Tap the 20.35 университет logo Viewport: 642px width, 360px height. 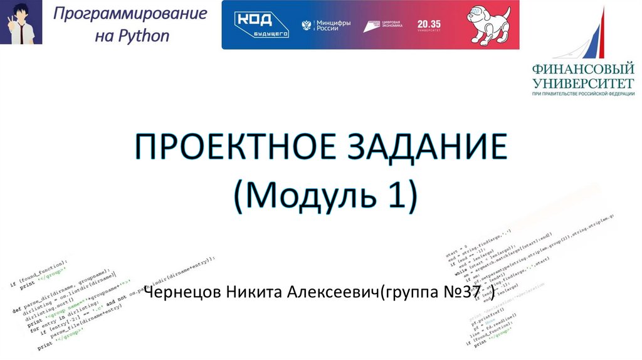[429, 25]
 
